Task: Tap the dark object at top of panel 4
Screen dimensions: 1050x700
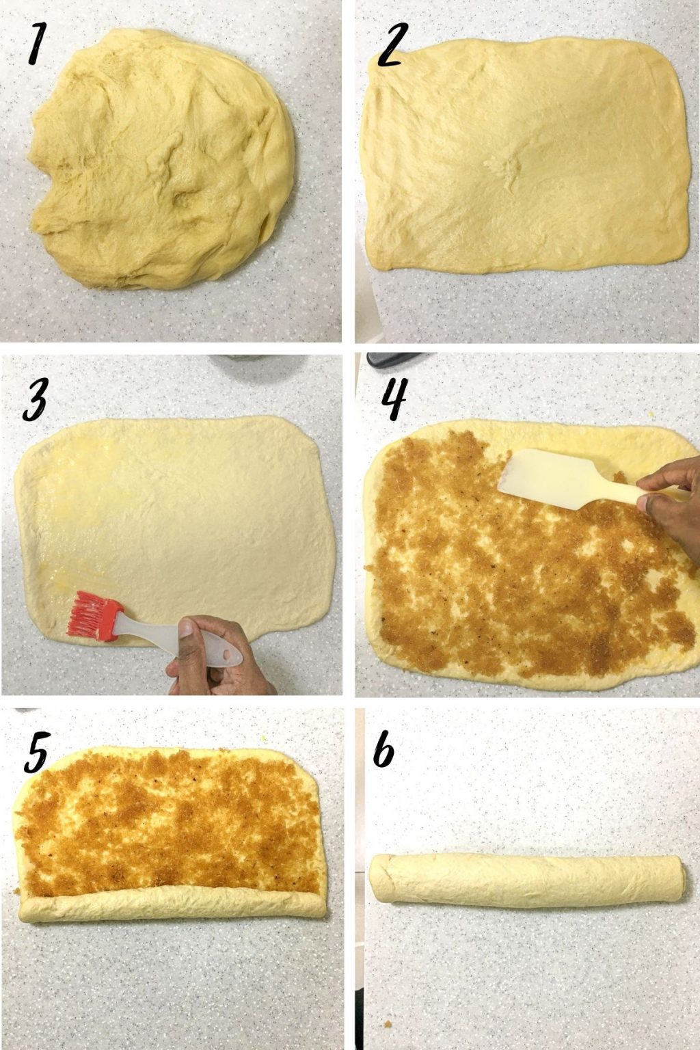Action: pos(396,359)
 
